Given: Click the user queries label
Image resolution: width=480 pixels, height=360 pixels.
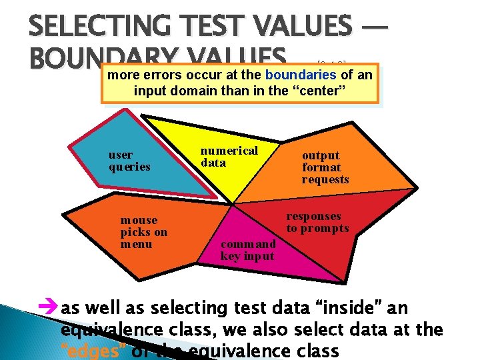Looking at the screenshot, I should click(x=129, y=161).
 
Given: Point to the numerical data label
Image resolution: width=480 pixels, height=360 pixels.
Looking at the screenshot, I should click(x=229, y=157).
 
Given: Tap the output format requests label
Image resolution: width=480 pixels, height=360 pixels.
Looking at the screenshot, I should click(x=325, y=167).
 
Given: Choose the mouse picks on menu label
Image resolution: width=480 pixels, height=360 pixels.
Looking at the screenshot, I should click(x=143, y=232).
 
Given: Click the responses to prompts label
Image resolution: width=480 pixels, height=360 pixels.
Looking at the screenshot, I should click(x=317, y=222).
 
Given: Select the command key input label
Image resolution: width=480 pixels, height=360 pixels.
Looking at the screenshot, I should click(x=247, y=250).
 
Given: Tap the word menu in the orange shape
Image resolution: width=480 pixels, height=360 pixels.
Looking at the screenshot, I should click(x=136, y=244).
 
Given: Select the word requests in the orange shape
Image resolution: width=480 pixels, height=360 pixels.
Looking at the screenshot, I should click(x=325, y=179).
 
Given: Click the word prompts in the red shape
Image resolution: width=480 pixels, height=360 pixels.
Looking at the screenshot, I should click(x=323, y=228).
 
